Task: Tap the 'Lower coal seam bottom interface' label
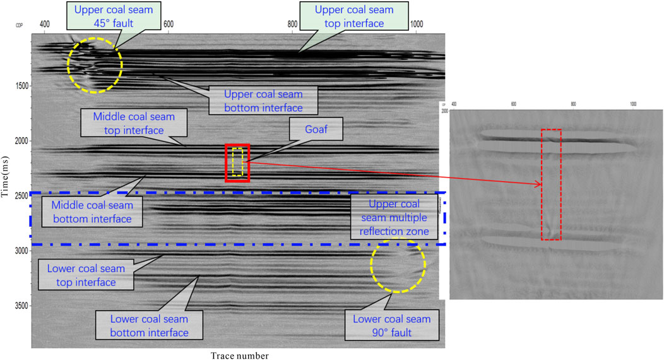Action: click(x=149, y=325)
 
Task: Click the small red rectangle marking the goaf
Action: click(x=237, y=162)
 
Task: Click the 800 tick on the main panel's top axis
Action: click(x=292, y=24)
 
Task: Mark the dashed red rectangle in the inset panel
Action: click(x=551, y=184)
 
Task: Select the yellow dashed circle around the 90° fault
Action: click(x=398, y=267)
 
